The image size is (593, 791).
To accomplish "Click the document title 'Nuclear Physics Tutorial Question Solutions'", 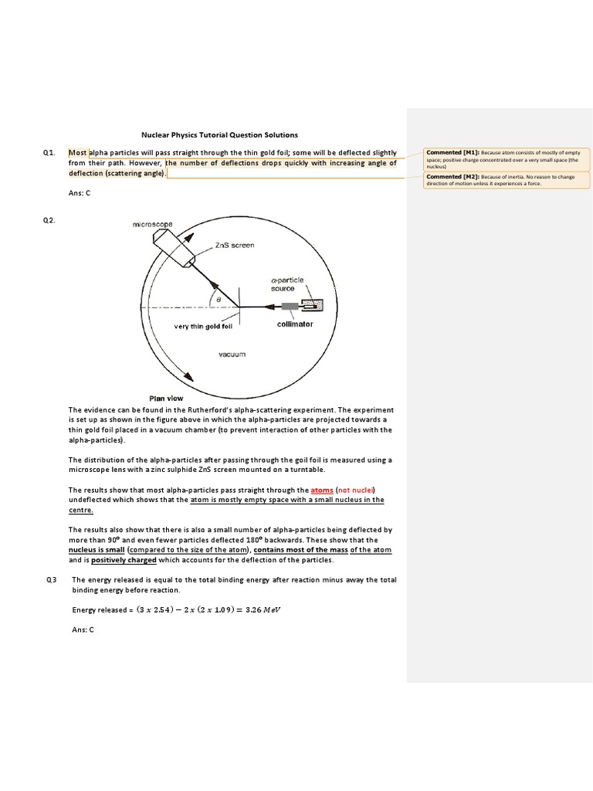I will click(x=219, y=134).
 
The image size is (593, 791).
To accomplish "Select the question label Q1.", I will click(x=49, y=153).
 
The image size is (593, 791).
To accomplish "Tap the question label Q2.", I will click(x=49, y=220).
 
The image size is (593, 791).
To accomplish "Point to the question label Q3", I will click(x=51, y=579).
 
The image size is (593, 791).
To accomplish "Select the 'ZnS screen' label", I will click(x=234, y=245).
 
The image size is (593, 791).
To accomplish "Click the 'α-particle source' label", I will click(x=287, y=284).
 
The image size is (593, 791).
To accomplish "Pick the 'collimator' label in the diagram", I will click(x=295, y=324).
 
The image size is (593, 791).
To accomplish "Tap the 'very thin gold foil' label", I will click(x=203, y=327).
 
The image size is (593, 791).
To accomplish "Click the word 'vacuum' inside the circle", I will click(x=232, y=354).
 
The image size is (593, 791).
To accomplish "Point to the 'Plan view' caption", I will click(x=166, y=398).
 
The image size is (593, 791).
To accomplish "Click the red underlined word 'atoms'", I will click(x=322, y=490).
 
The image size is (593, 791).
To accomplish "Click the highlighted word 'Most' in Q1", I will click(x=78, y=153).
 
